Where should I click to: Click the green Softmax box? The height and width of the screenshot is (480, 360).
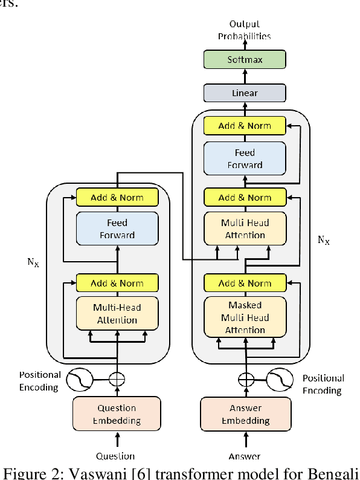pos(244,60)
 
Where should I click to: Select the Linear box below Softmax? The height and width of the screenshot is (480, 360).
pos(244,93)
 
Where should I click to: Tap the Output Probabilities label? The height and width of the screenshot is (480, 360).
pos(244,30)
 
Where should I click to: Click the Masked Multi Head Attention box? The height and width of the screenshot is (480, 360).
pos(244,317)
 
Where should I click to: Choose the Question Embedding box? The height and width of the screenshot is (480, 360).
pos(117,414)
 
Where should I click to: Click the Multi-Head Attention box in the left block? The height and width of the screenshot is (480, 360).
pos(117,314)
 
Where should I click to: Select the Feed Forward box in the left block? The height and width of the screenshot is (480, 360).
pos(117,229)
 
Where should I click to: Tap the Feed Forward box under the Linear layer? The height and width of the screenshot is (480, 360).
pos(244,158)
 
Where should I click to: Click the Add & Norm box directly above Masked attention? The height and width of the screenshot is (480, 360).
pos(244,283)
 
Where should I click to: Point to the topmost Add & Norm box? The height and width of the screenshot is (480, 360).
pos(244,126)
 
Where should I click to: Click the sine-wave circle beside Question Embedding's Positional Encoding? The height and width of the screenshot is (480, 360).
pos(79,380)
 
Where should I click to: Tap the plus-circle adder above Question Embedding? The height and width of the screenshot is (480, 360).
pos(117,380)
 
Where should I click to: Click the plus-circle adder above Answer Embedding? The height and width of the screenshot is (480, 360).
pos(245,380)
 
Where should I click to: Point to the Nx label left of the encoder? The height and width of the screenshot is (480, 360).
pos(32,264)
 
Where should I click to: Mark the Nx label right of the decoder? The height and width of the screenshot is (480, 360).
pos(324,240)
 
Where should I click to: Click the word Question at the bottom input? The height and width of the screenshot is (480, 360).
pos(115,456)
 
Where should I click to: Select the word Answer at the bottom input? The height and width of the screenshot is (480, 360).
pos(244,456)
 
